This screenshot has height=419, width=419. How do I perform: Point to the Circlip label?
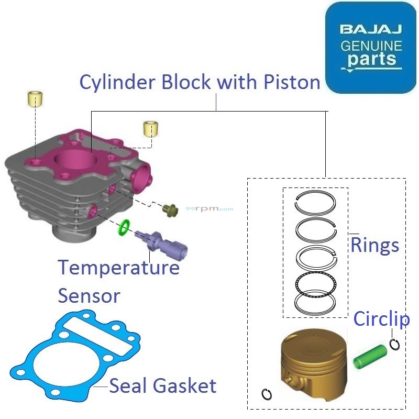click(x=381, y=318)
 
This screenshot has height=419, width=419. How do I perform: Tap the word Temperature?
click(x=118, y=267)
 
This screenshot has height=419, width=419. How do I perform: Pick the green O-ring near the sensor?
click(x=124, y=227)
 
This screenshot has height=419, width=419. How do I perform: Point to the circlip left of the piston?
click(x=267, y=394)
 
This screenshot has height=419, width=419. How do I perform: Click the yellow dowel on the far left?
click(x=35, y=98)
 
